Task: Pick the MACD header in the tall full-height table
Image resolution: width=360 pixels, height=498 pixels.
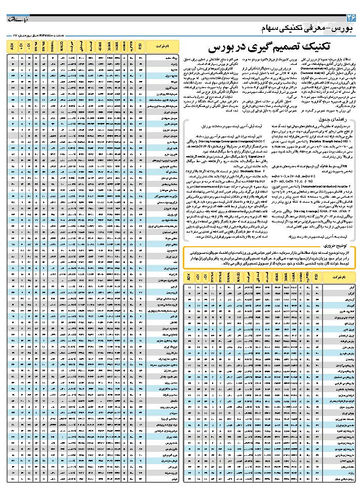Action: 62,47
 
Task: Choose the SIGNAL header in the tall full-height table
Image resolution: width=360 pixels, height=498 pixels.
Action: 52,47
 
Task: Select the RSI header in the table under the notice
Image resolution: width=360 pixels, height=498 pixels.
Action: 316,278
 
